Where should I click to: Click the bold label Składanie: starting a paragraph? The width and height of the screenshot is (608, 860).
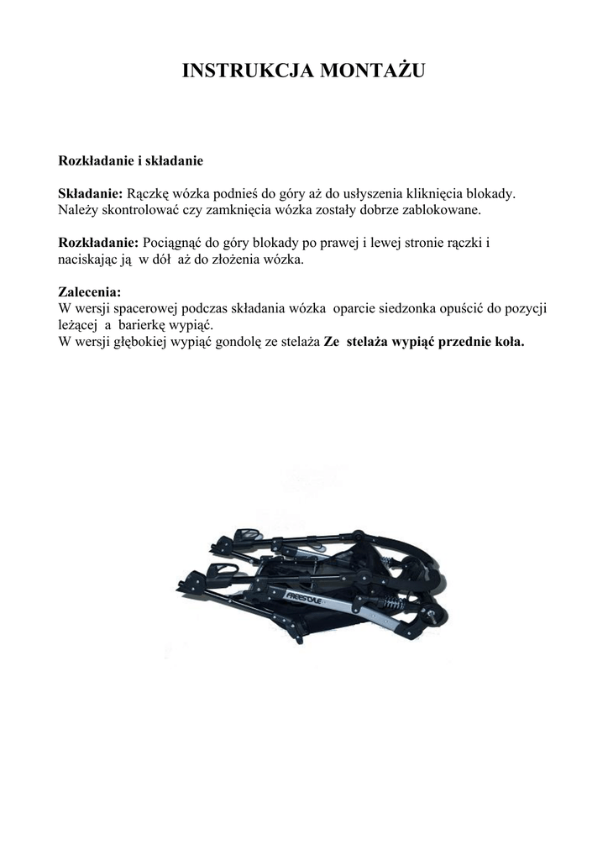(x=91, y=194)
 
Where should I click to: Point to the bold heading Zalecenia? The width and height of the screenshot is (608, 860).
(x=89, y=292)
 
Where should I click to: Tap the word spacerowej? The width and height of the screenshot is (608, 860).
(x=144, y=308)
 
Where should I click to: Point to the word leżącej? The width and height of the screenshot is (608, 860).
(x=77, y=324)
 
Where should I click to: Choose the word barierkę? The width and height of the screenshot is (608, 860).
(x=145, y=324)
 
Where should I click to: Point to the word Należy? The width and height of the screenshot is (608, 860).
(x=76, y=209)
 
